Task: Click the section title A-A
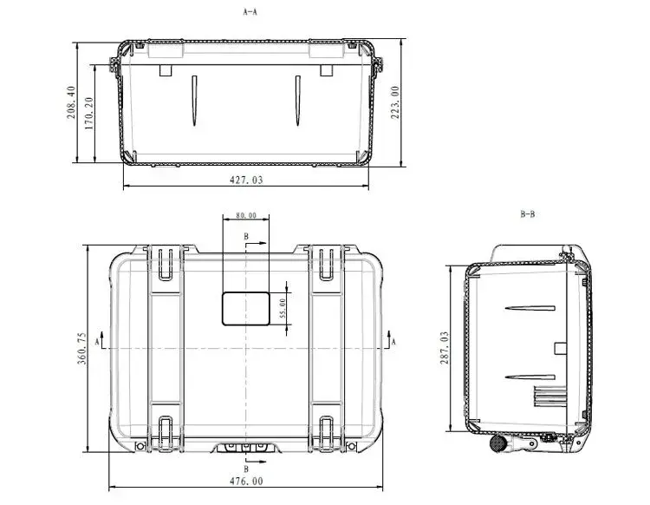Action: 250,12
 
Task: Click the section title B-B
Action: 527,214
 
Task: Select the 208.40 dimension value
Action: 71,102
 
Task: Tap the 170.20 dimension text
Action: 89,114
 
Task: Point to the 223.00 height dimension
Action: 395,102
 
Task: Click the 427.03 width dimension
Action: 246,180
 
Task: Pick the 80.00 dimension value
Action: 246,215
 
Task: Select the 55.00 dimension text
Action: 283,308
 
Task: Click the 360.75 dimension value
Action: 82,348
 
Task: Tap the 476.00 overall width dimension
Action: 246,482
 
